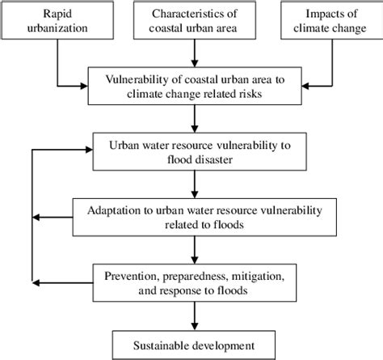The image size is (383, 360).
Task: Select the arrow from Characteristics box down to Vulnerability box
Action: click(x=194, y=55)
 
